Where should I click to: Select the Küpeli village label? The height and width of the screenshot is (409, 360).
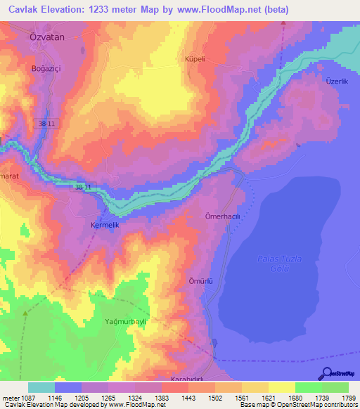[x=194, y=60]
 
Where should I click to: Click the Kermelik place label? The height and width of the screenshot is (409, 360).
[x=106, y=226]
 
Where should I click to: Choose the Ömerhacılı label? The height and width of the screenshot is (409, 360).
[x=223, y=216]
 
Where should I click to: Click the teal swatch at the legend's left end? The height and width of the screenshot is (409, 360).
[x=41, y=387]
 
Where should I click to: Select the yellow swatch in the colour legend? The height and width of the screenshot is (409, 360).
[x=281, y=387]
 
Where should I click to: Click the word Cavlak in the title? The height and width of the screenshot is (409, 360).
[x=25, y=11]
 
